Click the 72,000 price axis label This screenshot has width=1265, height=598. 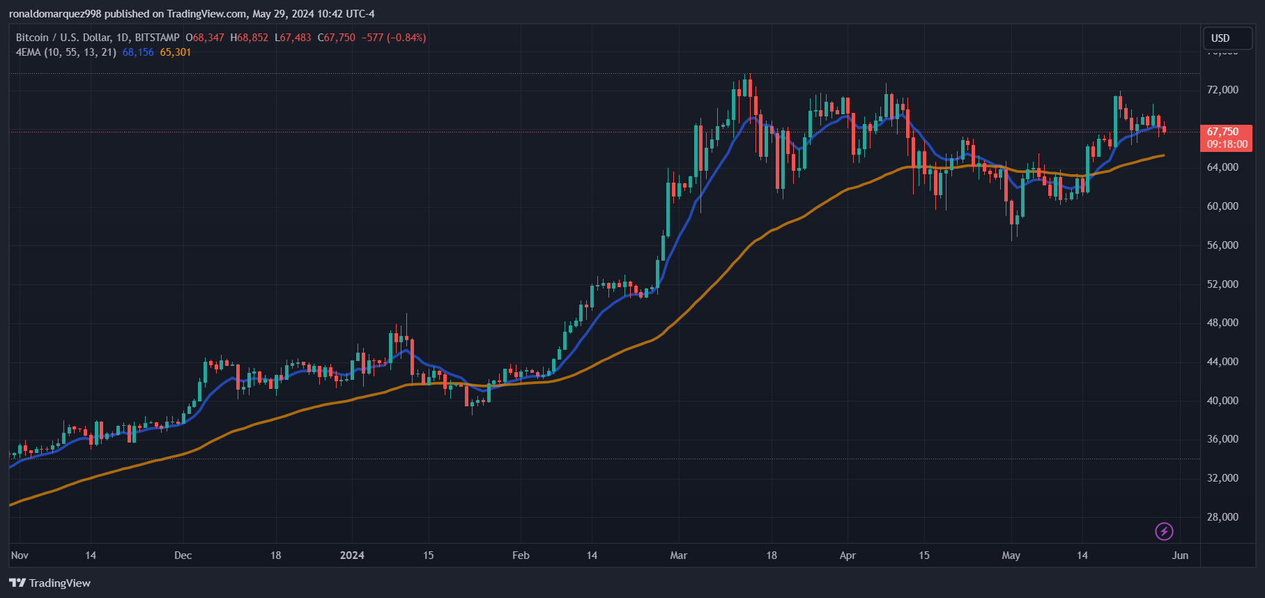[x=1222, y=90]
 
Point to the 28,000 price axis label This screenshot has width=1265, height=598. [x=1222, y=516]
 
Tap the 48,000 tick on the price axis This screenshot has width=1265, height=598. [x=1222, y=323]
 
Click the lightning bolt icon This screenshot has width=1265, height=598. [x=1164, y=532]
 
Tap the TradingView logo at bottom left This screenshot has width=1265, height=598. [x=50, y=583]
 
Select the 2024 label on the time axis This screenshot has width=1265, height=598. [x=352, y=555]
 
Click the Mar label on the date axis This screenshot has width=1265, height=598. [x=678, y=555]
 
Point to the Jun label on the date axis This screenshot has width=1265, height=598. [x=1180, y=555]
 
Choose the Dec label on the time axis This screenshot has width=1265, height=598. [x=183, y=555]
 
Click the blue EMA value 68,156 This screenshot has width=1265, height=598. [x=138, y=52]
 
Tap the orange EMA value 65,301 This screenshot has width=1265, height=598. [x=175, y=52]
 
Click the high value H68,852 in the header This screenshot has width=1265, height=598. [x=249, y=38]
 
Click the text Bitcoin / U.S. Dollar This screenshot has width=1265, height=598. [x=63, y=38]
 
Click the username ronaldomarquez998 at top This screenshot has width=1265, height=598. [x=55, y=14]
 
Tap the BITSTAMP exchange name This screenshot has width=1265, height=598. [x=157, y=38]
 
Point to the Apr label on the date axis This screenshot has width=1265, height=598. [x=848, y=555]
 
